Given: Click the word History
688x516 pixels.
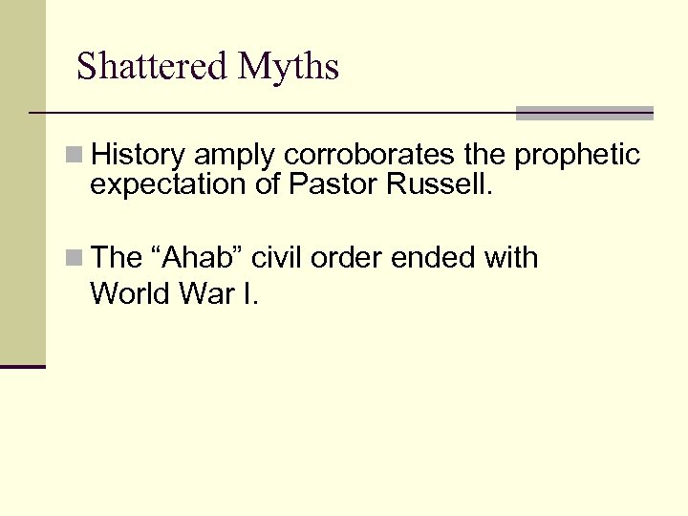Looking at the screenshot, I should tap(140, 154).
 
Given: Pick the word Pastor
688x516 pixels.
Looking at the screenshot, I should tap(333, 183).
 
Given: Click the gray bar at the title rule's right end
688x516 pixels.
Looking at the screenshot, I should tap(584, 113).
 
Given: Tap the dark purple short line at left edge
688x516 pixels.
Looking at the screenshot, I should tap(23, 366).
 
